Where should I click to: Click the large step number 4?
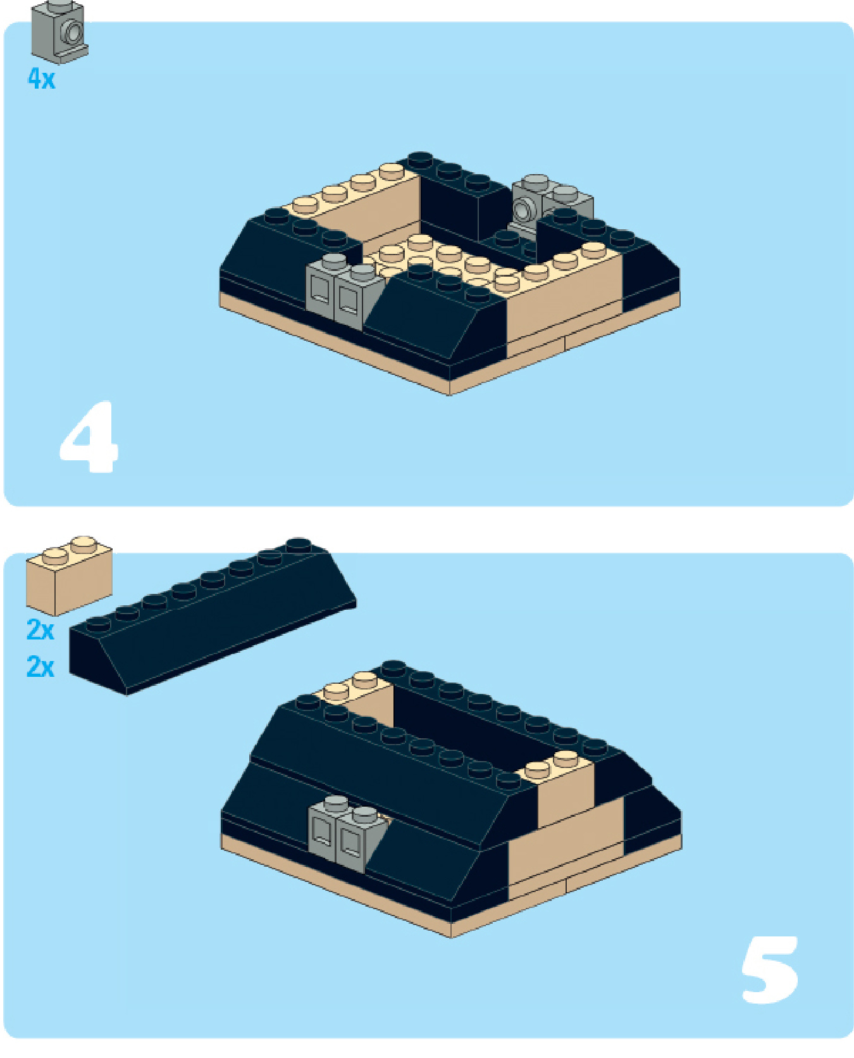tap(89, 436)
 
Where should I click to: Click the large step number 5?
tap(769, 969)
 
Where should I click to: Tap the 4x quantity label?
tap(42, 79)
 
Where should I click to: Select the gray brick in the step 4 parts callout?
tap(59, 32)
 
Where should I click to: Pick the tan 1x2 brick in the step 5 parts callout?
tap(69, 575)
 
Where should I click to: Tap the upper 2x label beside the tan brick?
tap(40, 630)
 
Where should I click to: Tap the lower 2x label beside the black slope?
tap(40, 667)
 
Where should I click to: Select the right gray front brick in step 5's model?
tap(358, 838)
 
